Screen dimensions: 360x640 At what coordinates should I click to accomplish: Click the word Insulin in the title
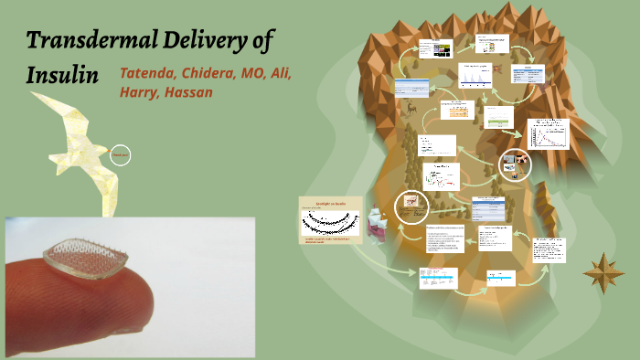pos(62,75)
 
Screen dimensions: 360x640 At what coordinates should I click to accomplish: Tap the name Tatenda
pos(150,73)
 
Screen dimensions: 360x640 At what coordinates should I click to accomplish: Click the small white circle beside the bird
pos(120,155)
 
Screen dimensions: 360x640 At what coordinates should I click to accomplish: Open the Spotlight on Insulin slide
pos(329,220)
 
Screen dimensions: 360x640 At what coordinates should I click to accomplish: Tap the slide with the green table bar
pos(498,117)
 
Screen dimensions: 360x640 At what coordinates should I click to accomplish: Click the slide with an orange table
pos(462,109)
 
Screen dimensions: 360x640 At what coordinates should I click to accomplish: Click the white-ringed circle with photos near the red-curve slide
pos(513,164)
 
